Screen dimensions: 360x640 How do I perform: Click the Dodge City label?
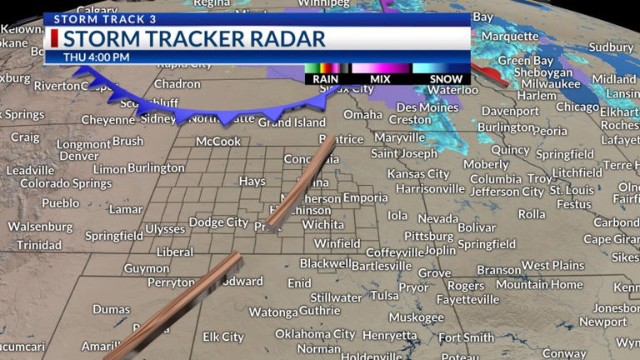coord(218,222)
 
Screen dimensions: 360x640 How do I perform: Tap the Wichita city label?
coord(322,225)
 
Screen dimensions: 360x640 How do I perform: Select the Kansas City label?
coord(417,174)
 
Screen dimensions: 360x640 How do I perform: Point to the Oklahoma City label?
coord(315,334)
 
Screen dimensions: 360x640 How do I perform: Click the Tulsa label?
coord(384,296)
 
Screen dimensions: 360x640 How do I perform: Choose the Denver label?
coord(79,156)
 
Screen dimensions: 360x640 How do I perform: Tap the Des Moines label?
coord(427,107)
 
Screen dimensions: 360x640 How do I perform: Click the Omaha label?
coord(362,115)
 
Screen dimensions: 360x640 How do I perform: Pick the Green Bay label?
coord(526,61)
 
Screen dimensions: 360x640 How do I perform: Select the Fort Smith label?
coord(467,337)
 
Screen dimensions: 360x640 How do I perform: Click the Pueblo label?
coord(60,202)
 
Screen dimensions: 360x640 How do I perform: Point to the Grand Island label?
coord(292,122)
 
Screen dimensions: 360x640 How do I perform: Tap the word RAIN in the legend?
coord(325,79)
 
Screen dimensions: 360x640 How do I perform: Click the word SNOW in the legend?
coord(446,79)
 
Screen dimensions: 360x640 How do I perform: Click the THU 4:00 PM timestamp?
coord(97,57)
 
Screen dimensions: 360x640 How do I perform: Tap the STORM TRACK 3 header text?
coord(93,18)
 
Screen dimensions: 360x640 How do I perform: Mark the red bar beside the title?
coord(54,38)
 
